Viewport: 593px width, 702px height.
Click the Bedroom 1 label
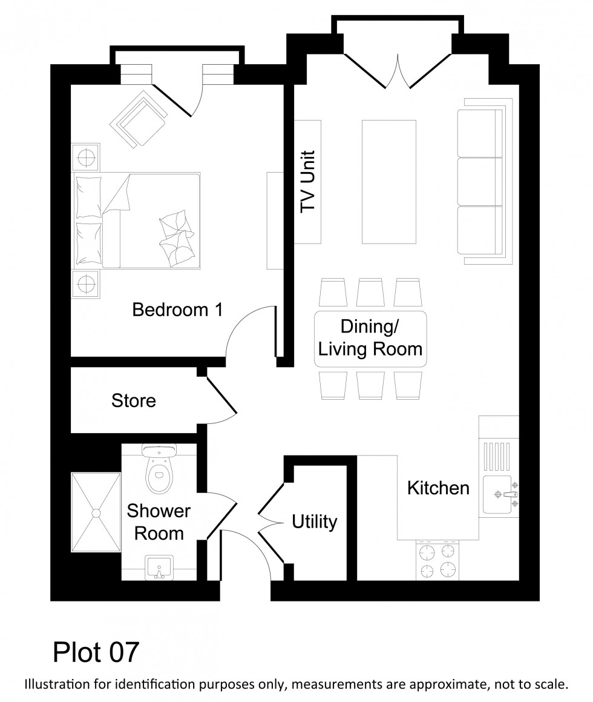pos(177,310)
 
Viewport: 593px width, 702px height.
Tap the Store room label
pos(134,400)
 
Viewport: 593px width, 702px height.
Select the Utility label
pos(314,522)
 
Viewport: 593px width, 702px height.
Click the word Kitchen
pos(438,488)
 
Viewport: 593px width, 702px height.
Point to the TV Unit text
pos(309,180)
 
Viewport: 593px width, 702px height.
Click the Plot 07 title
pos(96,652)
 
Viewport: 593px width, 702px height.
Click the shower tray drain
pos(96,513)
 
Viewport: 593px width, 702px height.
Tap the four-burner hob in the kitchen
pos(437,561)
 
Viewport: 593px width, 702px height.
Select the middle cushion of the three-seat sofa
pos(480,181)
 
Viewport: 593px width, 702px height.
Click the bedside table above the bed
pos(86,157)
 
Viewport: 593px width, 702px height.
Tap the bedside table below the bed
pos(86,283)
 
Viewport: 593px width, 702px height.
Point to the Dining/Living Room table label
pos(370,338)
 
